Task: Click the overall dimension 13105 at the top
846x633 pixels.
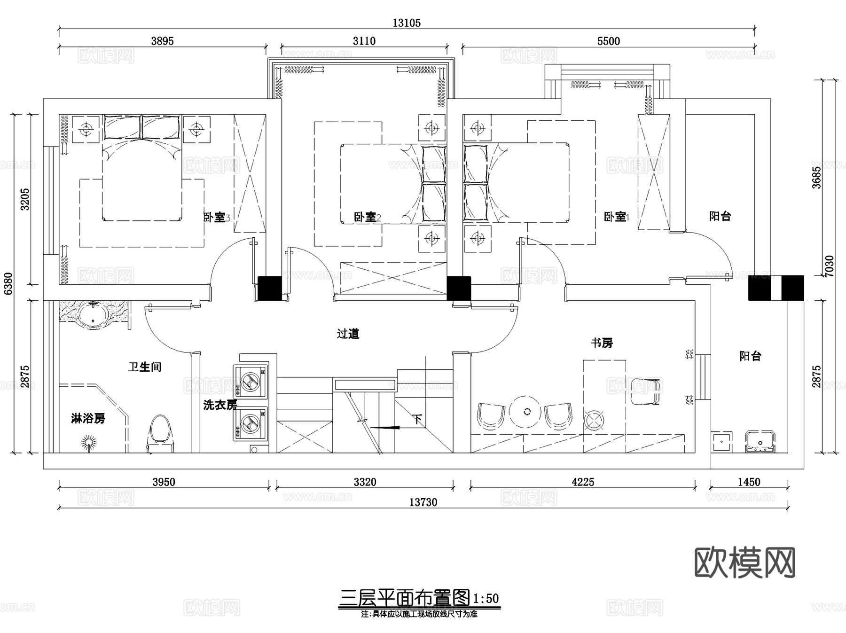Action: (x=407, y=23)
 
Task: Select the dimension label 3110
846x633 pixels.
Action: (x=364, y=41)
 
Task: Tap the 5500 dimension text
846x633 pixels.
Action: (x=609, y=41)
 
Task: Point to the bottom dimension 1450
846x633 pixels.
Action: (x=749, y=482)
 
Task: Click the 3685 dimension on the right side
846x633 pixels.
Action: (x=817, y=177)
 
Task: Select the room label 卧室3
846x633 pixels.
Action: (x=217, y=217)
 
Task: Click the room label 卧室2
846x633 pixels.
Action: (x=367, y=217)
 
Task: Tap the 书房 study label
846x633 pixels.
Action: (x=602, y=343)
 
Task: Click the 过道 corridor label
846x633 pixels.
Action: (x=348, y=334)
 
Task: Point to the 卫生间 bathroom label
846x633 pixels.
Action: (x=145, y=367)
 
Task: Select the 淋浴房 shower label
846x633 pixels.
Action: (x=88, y=418)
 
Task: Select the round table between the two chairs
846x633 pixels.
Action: (x=527, y=412)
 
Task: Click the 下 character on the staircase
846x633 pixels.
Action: (x=417, y=419)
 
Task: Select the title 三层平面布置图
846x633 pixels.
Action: (x=404, y=598)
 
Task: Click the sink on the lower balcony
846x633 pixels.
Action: (x=760, y=442)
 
